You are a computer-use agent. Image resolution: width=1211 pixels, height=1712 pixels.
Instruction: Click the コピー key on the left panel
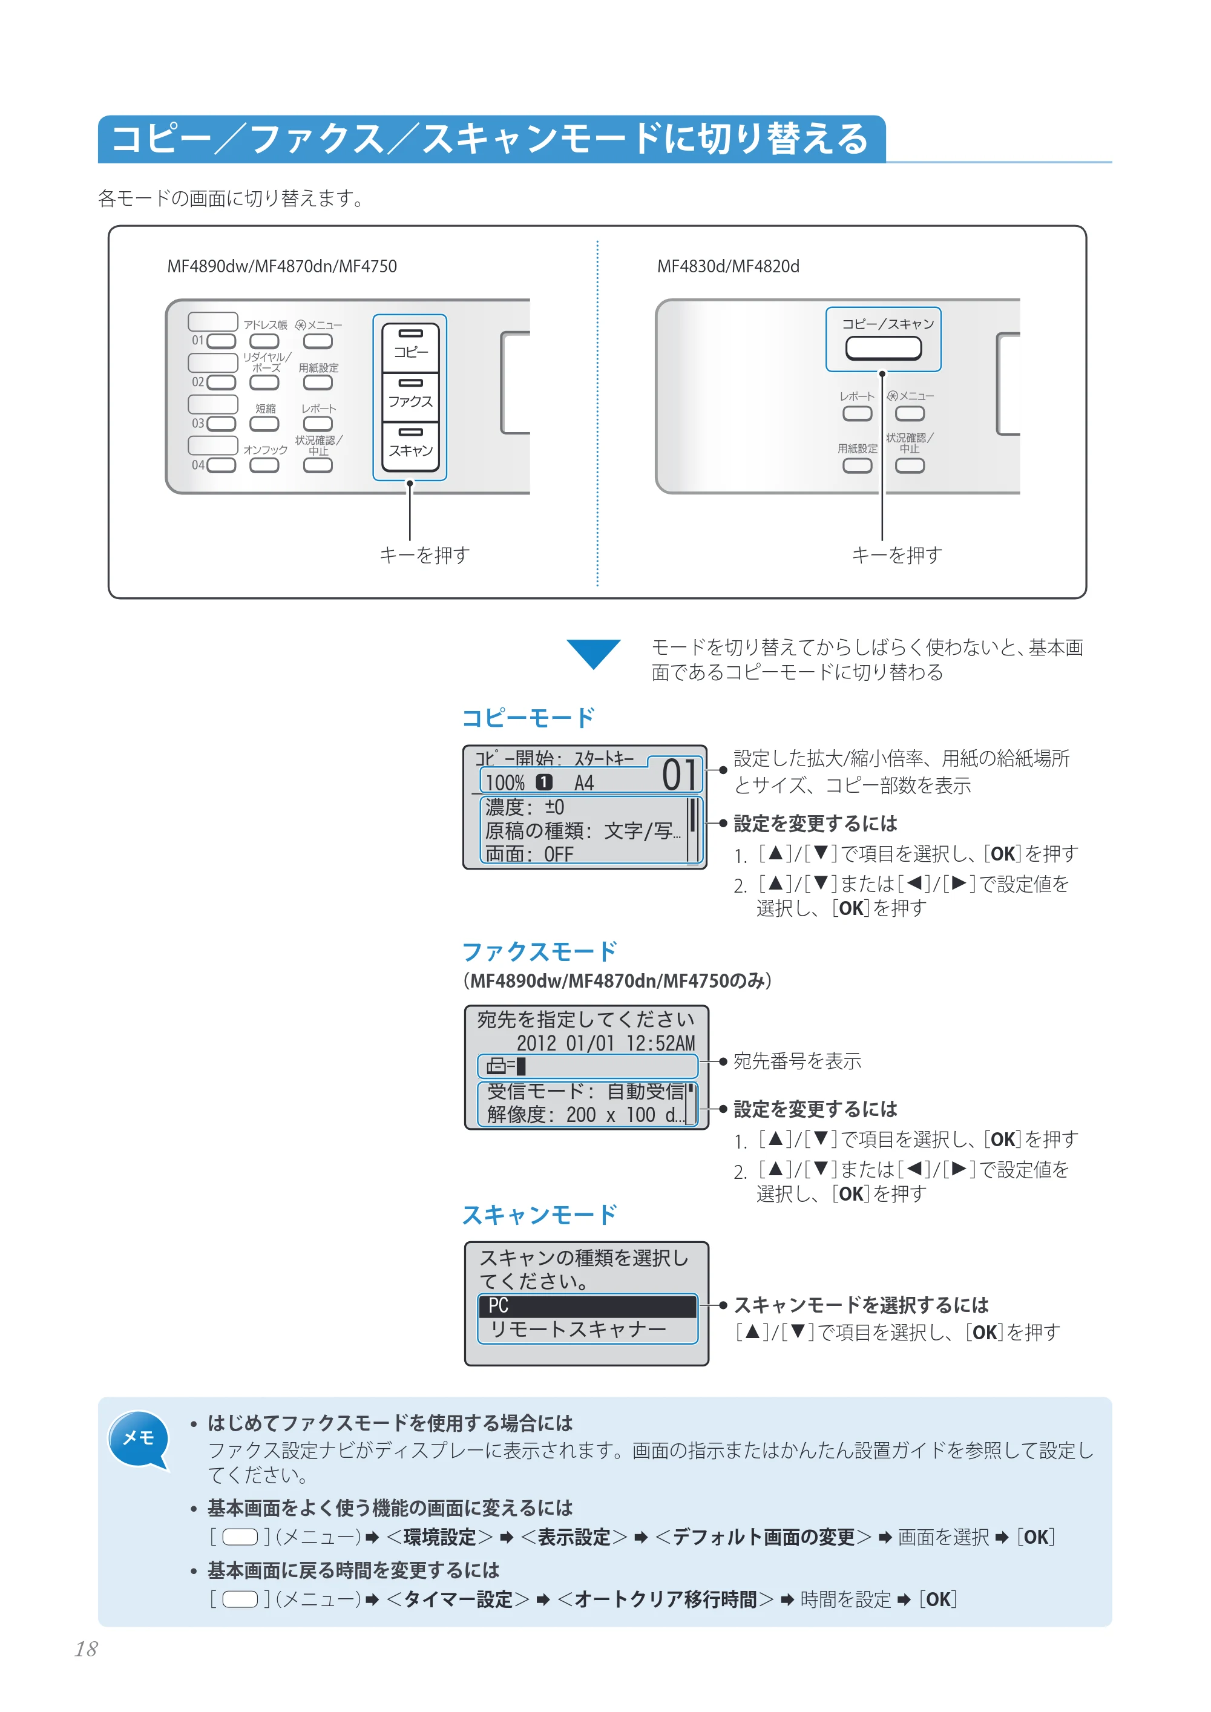pyautogui.click(x=410, y=347)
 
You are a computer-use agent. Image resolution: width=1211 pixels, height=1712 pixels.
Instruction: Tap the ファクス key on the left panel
pyautogui.click(x=410, y=398)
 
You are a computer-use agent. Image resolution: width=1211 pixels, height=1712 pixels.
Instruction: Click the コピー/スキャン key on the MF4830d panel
pyautogui.click(x=883, y=348)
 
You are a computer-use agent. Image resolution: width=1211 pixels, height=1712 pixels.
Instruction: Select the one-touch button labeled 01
pyautogui.click(x=222, y=341)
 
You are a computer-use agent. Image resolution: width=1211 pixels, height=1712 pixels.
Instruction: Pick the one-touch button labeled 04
pyautogui.click(x=222, y=465)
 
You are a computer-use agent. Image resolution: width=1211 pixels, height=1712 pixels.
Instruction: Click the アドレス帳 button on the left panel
pyautogui.click(x=264, y=341)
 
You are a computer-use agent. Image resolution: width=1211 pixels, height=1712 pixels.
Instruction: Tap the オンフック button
pyautogui.click(x=264, y=465)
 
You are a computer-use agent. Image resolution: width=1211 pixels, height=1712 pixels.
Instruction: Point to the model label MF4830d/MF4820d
pyautogui.click(x=728, y=266)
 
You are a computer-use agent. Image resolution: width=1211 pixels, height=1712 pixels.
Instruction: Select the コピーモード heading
pyautogui.click(x=528, y=718)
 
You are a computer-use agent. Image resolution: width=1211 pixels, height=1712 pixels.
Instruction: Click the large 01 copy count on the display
pyautogui.click(x=679, y=775)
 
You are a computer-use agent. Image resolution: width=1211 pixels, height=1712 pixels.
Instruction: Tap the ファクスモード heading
pyautogui.click(x=540, y=952)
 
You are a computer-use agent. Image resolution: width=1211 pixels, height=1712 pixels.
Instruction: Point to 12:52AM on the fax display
pyautogui.click(x=661, y=1043)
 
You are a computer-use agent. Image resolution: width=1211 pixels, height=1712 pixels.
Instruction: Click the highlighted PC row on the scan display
pyautogui.click(x=588, y=1305)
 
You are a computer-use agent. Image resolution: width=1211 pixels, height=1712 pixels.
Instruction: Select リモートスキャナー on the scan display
pyautogui.click(x=578, y=1330)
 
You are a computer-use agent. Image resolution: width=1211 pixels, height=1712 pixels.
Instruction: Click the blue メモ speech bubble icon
pyautogui.click(x=139, y=1440)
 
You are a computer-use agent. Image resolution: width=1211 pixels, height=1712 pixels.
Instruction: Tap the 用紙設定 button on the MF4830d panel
pyautogui.click(x=857, y=465)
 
